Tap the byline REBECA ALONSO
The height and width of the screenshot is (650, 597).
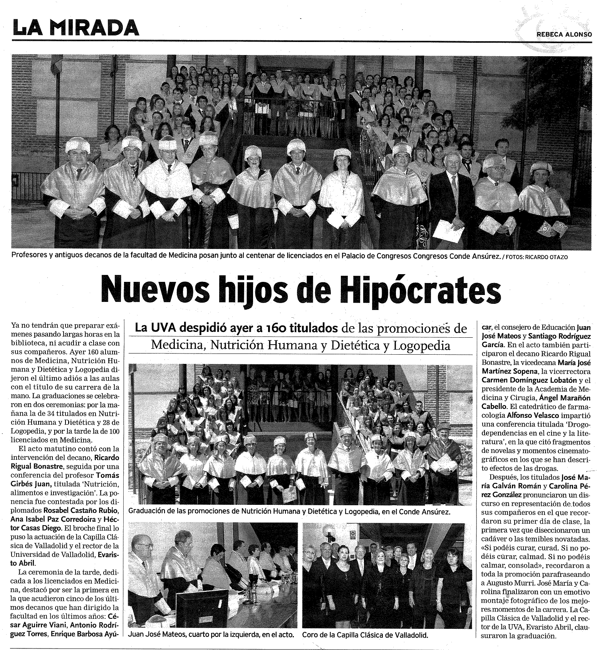pos(564,34)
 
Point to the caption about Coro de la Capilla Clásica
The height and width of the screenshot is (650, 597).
pos(365,635)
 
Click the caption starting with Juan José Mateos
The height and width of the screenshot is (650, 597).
pos(213,635)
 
